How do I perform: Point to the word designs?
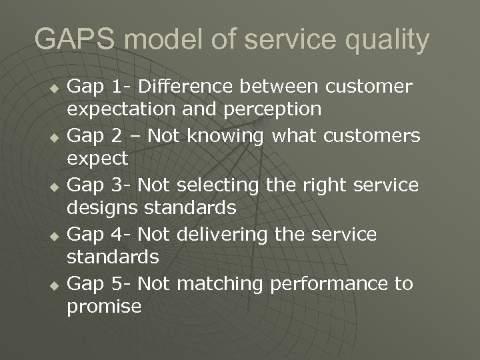click(100, 208)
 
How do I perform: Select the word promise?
click(104, 306)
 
